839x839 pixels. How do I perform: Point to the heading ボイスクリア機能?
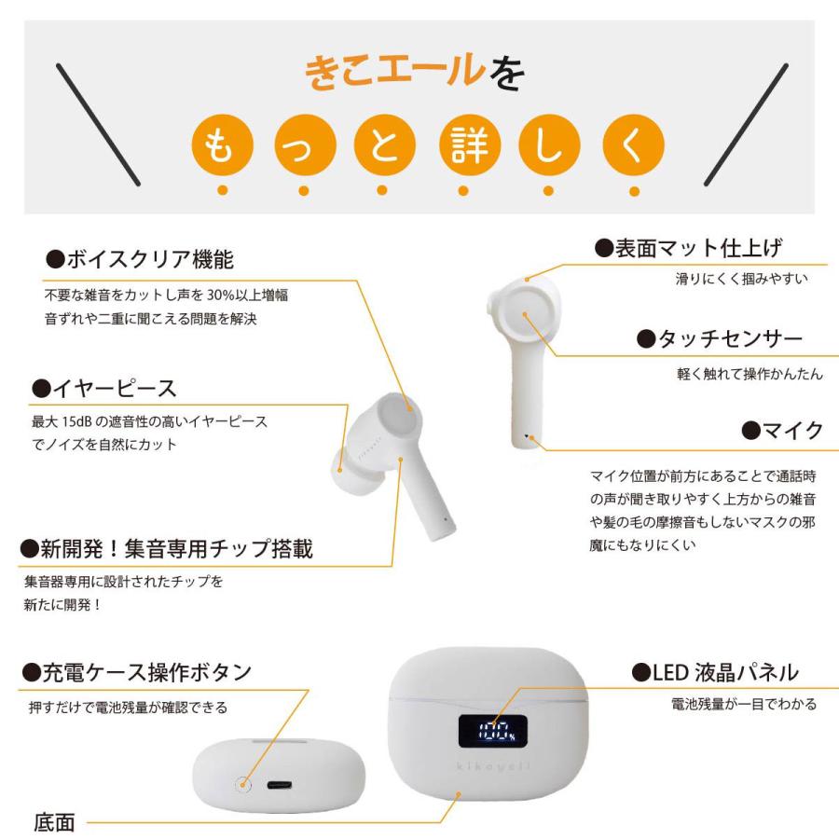pyautogui.click(x=132, y=258)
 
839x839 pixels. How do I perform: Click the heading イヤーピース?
pyautogui.click(x=103, y=387)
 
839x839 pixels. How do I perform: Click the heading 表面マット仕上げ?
pyautogui.click(x=689, y=248)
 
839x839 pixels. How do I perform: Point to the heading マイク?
pyautogui.click(x=782, y=430)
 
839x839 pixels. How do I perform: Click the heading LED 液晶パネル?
pyautogui.click(x=715, y=671)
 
